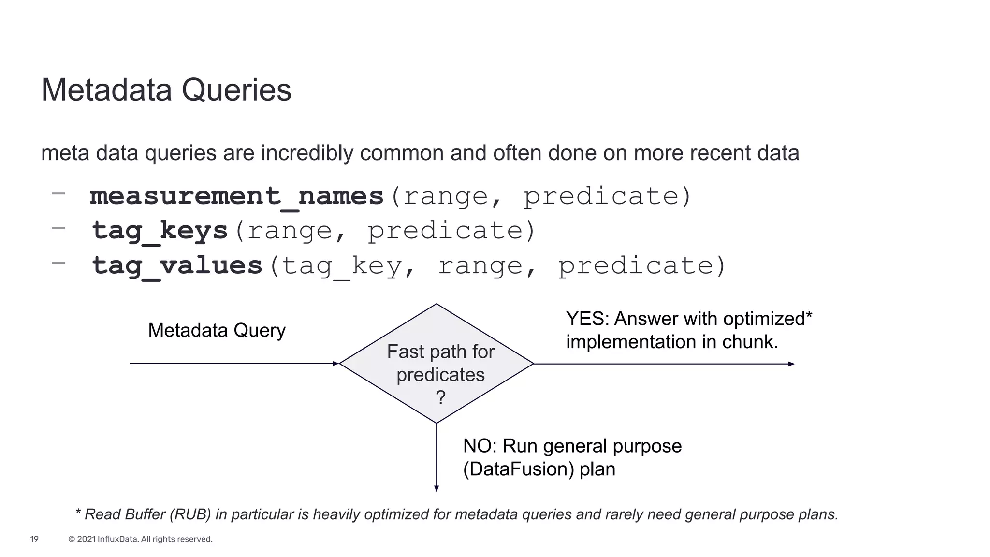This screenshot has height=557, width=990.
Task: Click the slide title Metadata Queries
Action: pos(166,90)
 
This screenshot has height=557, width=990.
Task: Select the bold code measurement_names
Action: pos(236,196)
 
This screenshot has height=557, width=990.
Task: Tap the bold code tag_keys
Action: pos(160,231)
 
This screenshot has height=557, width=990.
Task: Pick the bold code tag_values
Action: pos(177,265)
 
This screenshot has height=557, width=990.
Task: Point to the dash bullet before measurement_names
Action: pos(58,193)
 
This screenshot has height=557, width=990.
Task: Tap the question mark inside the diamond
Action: pos(440,397)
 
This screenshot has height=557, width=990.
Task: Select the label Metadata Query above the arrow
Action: pos(217,330)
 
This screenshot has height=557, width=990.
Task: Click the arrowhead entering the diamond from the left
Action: pos(336,364)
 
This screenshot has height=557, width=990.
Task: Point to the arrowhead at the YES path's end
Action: pos(791,364)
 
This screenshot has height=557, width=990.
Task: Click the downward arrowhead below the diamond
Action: pos(437,489)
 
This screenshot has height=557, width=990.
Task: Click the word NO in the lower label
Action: pos(477,446)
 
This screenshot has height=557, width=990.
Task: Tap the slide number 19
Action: pos(34,539)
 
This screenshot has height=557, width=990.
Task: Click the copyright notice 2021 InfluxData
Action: pos(140,539)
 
